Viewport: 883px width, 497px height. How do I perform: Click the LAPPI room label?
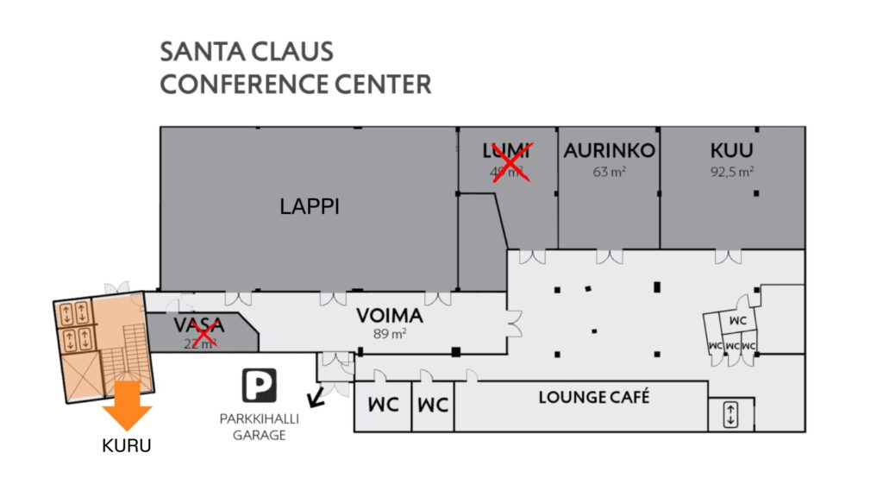tap(310, 206)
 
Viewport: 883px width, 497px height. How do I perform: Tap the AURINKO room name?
tap(609, 151)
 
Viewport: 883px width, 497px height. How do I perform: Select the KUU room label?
tap(732, 151)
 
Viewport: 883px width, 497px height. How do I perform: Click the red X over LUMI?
tap(510, 162)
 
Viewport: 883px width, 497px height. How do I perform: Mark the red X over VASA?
tap(204, 332)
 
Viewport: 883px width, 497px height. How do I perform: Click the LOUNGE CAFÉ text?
tap(593, 398)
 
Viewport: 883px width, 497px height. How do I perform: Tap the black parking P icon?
tap(259, 385)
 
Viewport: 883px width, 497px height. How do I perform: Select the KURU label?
tap(128, 446)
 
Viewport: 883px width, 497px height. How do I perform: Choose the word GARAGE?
tap(264, 436)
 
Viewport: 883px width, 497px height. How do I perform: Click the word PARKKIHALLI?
tap(264, 421)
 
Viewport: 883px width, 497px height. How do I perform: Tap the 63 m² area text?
tap(609, 171)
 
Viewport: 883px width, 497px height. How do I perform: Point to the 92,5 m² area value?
tap(732, 171)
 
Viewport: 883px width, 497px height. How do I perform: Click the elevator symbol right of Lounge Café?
tap(730, 414)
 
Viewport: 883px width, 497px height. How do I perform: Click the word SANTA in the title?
tap(199, 52)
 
